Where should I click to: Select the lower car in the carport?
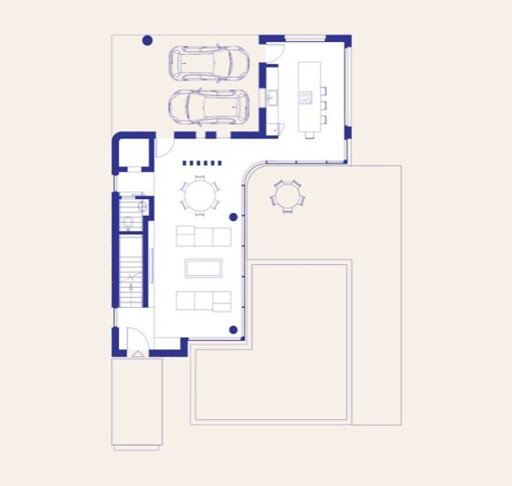209,106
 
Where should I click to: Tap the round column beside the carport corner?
147,40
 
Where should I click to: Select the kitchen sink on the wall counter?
272,96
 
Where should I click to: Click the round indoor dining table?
200,195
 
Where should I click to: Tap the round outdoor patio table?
286,195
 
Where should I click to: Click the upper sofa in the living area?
203,237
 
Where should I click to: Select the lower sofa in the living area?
203,301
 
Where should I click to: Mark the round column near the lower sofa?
234,331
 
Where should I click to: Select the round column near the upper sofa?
234,217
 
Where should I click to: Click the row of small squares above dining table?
202,164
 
